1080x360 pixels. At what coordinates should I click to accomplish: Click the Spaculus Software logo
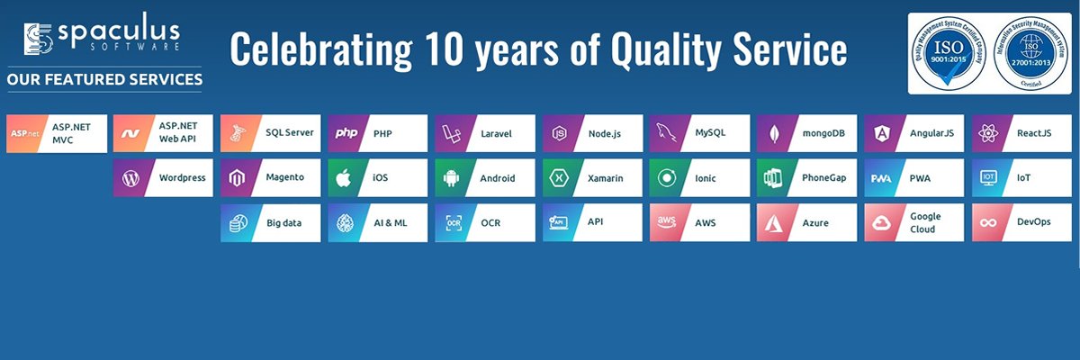(103, 37)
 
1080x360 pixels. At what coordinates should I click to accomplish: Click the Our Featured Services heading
(104, 80)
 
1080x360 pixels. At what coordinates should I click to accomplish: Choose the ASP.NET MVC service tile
(57, 133)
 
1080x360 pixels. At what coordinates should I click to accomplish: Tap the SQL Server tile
(270, 133)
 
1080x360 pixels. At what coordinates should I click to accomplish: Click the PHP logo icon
(346, 133)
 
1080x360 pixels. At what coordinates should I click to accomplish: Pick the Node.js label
(604, 133)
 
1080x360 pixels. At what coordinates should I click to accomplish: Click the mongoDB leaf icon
(775, 134)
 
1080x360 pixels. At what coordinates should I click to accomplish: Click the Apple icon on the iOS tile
(344, 178)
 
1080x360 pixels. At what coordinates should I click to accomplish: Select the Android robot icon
(452, 178)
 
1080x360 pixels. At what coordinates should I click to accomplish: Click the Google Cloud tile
(913, 222)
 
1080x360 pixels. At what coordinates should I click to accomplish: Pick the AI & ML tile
(377, 222)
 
